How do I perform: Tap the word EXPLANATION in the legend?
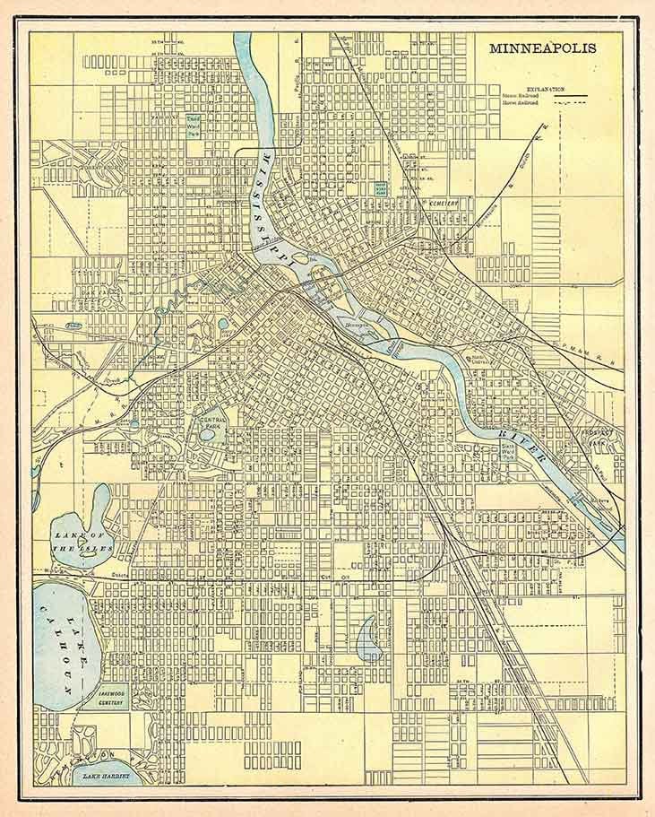pyautogui.click(x=546, y=87)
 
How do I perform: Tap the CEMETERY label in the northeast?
pyautogui.click(x=442, y=203)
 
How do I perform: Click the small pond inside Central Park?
pyautogui.click(x=208, y=433)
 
